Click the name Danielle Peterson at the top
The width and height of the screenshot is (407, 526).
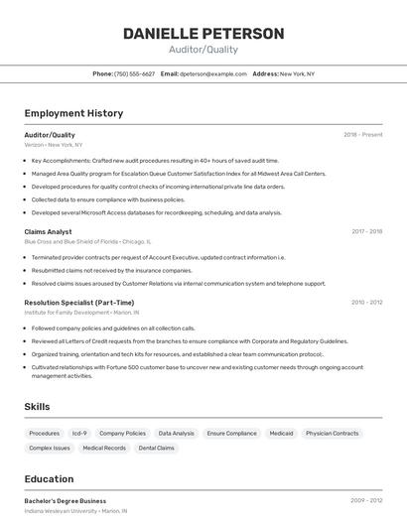pos(203,34)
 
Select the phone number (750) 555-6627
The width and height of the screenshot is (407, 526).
pos(134,73)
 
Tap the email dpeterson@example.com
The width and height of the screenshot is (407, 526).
pos(212,73)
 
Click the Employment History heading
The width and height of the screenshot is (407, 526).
pos(73,113)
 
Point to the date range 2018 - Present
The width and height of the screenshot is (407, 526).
pos(363,134)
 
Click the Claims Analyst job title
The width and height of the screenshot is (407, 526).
pos(48,231)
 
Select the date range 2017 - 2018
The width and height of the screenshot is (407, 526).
pos(366,231)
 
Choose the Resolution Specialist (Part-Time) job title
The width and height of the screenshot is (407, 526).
pos(79,302)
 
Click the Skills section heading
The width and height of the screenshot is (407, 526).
pos(38,407)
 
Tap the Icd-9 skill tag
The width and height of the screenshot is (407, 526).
pos(79,434)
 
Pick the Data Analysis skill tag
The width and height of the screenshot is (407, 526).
pos(177,434)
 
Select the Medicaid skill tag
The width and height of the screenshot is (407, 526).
pos(281,434)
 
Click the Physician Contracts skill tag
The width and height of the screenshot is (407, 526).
pos(332,434)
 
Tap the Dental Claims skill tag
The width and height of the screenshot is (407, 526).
pos(156,449)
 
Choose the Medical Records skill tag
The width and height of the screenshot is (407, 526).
pos(104,449)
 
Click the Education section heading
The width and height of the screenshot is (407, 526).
pos(49,478)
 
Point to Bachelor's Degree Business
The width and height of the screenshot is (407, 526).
pos(65,501)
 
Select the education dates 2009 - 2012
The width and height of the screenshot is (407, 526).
pos(366,501)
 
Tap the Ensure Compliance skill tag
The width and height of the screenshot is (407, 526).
pos(231,434)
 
